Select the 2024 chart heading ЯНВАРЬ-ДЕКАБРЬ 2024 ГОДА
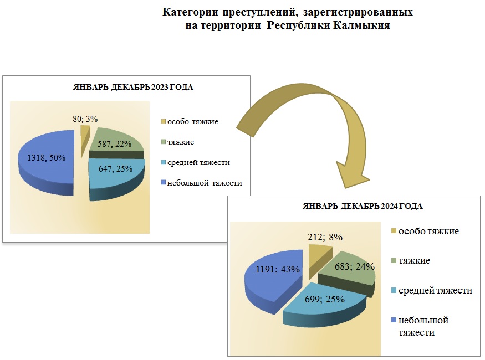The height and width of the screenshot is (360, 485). (x=363, y=206)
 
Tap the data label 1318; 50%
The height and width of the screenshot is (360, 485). (x=46, y=158)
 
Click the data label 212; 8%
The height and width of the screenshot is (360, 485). (x=324, y=237)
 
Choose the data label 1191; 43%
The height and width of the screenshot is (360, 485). (x=278, y=269)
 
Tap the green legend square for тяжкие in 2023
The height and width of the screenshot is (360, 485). (x=163, y=142)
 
